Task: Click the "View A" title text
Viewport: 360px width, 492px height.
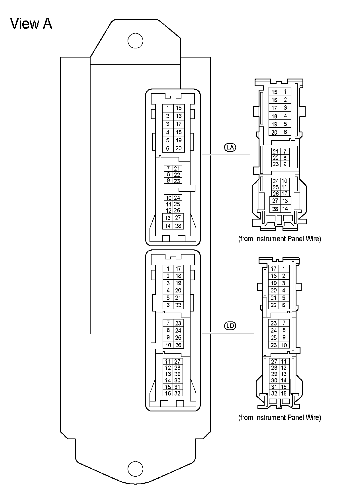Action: click(x=31, y=24)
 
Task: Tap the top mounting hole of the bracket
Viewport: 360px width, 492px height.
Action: click(x=135, y=41)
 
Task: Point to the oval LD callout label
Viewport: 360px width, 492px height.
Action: click(x=230, y=326)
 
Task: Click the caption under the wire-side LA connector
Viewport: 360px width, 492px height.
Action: click(x=279, y=239)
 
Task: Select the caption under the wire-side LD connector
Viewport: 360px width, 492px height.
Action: click(x=279, y=417)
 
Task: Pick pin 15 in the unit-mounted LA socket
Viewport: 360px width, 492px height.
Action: click(x=179, y=108)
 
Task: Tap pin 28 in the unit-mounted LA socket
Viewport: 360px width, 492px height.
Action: click(x=178, y=226)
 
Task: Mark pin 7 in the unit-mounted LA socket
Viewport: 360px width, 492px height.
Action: click(x=168, y=168)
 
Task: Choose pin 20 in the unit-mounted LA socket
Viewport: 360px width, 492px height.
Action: click(x=179, y=148)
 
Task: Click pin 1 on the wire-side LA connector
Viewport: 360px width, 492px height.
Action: click(x=285, y=92)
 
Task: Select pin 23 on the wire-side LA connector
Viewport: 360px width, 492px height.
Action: click(x=275, y=164)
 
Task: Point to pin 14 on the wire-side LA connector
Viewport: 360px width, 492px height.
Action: click(x=285, y=209)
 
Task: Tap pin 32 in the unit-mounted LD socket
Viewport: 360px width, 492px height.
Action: click(x=177, y=393)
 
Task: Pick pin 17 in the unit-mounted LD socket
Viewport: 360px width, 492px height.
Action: click(x=178, y=268)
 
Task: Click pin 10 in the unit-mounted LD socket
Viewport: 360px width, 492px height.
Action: click(x=168, y=345)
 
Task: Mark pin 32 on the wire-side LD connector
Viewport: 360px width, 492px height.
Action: click(x=274, y=393)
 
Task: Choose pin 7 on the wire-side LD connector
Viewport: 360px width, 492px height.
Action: click(x=284, y=323)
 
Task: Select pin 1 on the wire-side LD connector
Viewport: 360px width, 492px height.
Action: click(x=284, y=268)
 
